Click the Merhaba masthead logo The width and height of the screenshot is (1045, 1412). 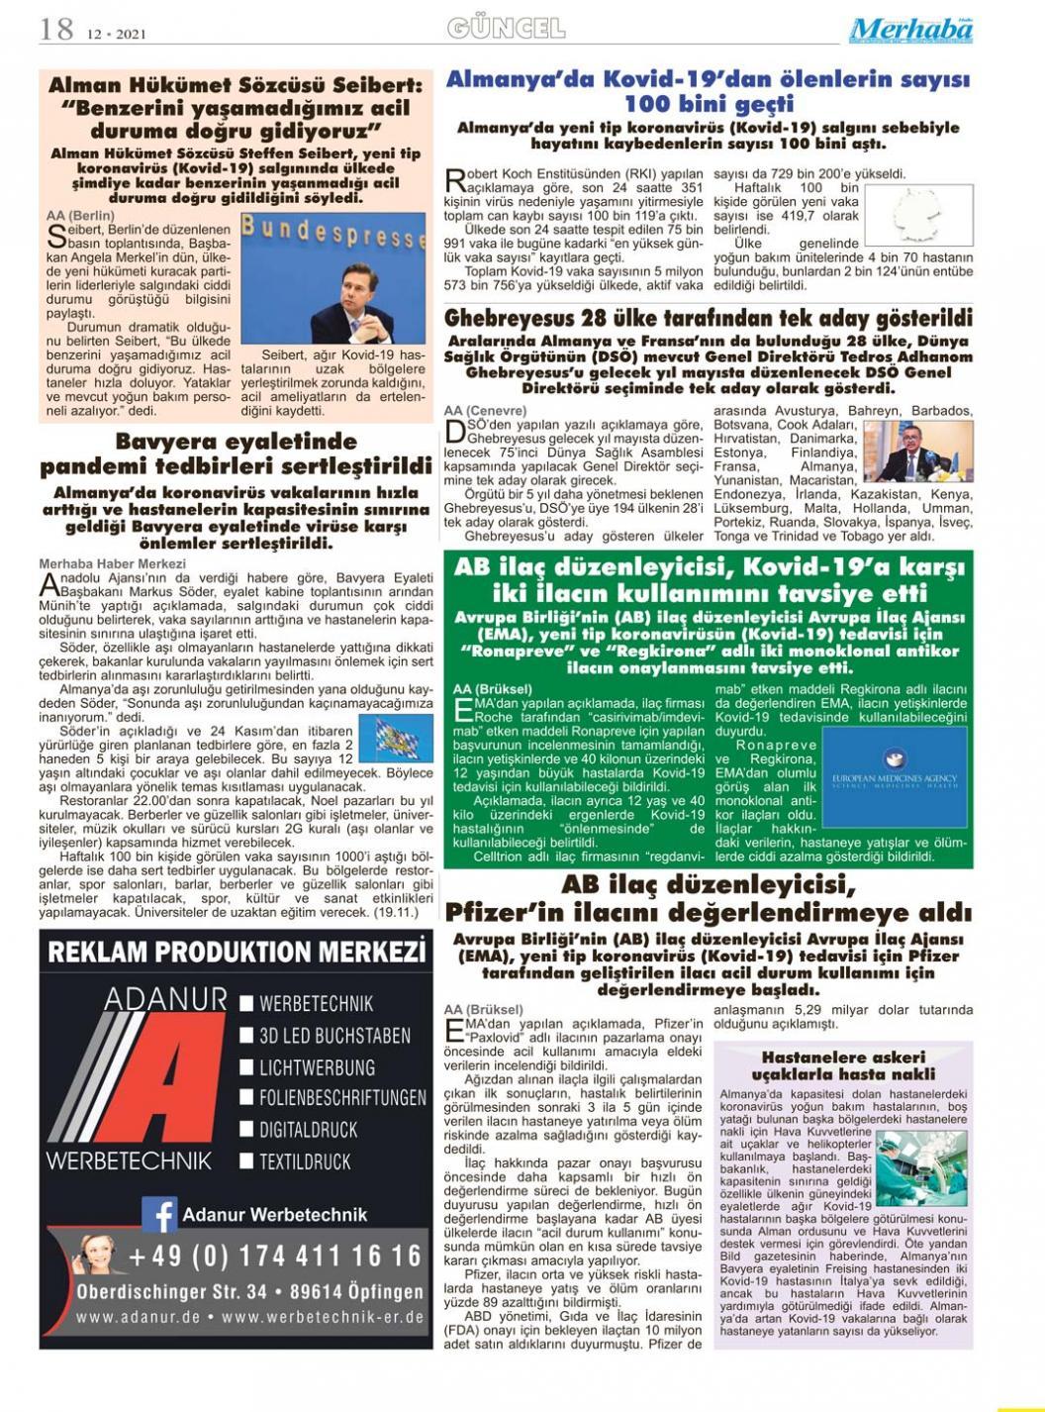coord(910,30)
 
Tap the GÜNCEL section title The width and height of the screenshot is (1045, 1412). coord(506,28)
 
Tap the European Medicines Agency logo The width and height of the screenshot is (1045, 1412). coord(896,777)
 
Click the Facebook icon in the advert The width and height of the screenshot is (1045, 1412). coord(159,1214)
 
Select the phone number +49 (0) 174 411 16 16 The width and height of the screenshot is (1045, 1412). coord(274,1256)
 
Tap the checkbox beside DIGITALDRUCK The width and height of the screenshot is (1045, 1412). coord(247,1130)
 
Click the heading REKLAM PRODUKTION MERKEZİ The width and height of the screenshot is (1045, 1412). coord(237,953)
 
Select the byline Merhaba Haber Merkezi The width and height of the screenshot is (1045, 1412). coord(99,563)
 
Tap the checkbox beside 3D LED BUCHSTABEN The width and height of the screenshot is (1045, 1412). coord(247,1036)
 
